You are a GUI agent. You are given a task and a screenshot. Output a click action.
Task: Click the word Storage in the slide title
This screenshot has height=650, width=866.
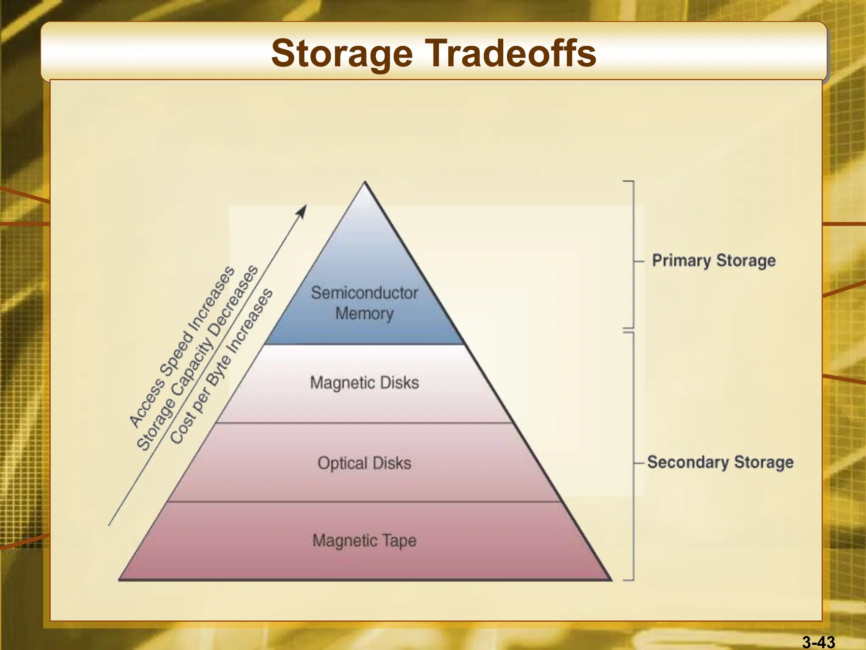[x=342, y=54]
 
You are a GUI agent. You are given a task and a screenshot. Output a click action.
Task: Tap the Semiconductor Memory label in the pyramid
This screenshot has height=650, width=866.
[x=364, y=303]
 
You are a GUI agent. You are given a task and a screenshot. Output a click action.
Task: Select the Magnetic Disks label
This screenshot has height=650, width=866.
[x=364, y=383]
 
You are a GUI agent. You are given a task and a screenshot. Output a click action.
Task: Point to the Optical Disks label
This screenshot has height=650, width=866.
[x=364, y=463]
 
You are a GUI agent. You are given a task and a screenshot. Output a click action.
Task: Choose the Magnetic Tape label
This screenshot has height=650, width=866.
[x=364, y=541]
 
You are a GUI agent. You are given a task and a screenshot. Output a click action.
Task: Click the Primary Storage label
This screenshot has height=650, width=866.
[x=714, y=261]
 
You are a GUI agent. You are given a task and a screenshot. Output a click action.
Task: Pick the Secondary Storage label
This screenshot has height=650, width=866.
[x=720, y=462]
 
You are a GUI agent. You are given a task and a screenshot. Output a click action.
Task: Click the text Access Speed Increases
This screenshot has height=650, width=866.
[x=182, y=347]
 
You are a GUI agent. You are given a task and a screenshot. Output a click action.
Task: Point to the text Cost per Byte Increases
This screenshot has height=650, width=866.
[x=222, y=366]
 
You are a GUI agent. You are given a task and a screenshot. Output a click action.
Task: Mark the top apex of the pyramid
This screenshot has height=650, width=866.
[x=365, y=183]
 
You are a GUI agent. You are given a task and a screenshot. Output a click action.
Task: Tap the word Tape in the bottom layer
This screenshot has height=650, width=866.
[x=399, y=541]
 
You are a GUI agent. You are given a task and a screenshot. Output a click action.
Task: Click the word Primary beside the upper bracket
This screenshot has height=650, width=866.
[x=681, y=261]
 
